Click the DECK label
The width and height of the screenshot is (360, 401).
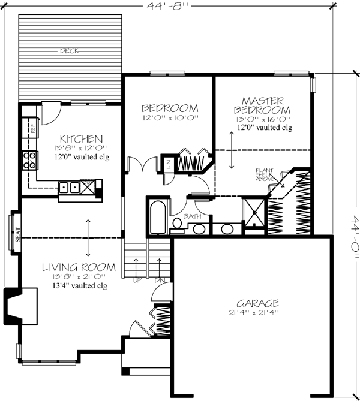(x=68, y=51)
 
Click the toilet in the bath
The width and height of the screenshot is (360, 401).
(x=177, y=225)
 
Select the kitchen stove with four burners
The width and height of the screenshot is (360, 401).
(x=29, y=159)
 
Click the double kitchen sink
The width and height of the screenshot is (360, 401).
(x=68, y=188)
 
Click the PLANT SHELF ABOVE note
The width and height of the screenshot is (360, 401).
(x=265, y=174)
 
